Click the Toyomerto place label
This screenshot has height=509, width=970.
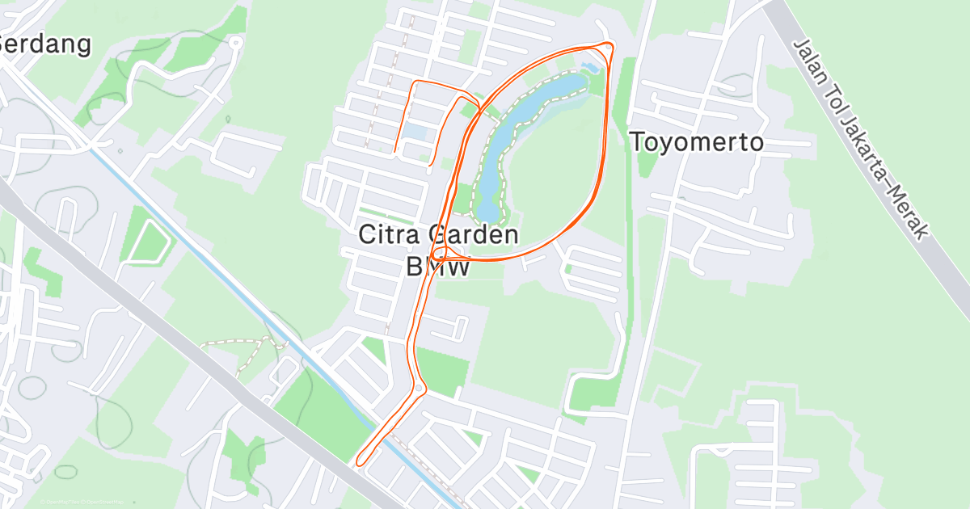[696, 142]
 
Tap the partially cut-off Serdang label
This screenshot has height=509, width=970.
[45, 44]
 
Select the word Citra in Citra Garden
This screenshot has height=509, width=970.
[390, 236]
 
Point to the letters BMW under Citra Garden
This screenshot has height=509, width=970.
[438, 267]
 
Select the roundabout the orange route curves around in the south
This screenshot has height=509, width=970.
[419, 389]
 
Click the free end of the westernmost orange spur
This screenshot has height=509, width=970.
[394, 151]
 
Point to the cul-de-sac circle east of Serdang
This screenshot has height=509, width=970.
[235, 42]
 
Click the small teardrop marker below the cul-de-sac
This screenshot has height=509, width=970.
[227, 120]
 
